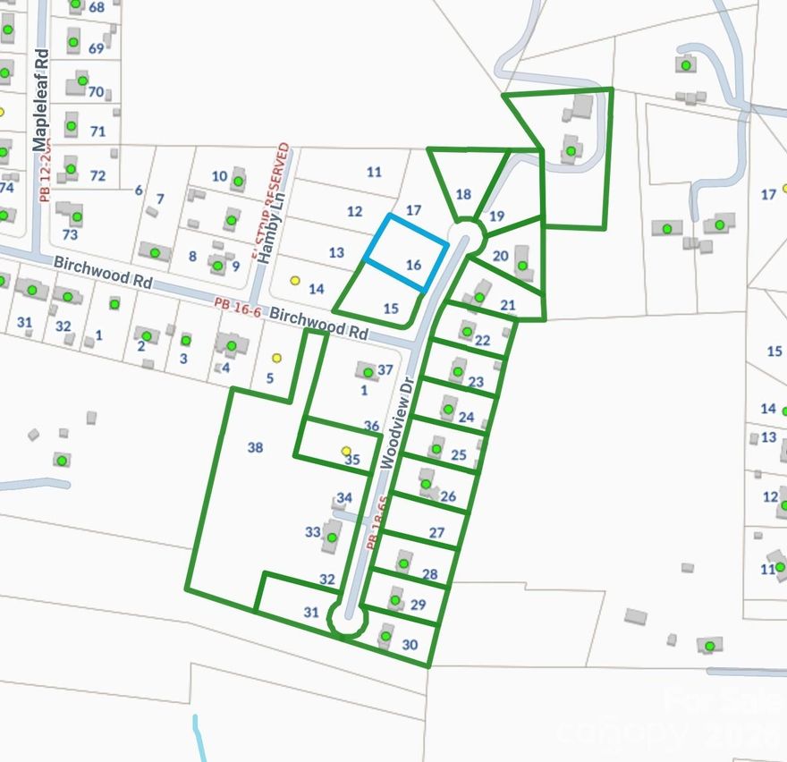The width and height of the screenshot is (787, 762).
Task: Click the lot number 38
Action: [x=255, y=448]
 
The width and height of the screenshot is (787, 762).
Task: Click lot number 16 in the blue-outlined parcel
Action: [x=413, y=265]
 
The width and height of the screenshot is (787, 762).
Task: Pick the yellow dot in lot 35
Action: [x=346, y=452]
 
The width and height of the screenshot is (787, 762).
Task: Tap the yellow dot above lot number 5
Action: [x=276, y=358]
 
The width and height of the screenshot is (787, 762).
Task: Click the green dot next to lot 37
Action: [x=368, y=372]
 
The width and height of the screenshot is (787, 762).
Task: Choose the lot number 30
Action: [x=410, y=644]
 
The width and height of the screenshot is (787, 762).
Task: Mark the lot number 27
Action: [x=436, y=532]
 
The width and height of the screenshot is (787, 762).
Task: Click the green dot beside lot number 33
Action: [x=332, y=538]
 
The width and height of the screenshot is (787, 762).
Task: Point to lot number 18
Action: [x=463, y=194]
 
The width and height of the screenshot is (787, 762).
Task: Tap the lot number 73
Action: [x=70, y=234]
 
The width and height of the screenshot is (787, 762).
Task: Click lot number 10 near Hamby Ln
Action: [x=219, y=175]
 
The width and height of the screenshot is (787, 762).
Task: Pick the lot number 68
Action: [x=97, y=7]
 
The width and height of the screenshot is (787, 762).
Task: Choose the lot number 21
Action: [x=508, y=305]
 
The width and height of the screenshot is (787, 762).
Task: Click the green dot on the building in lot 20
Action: [x=522, y=265]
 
